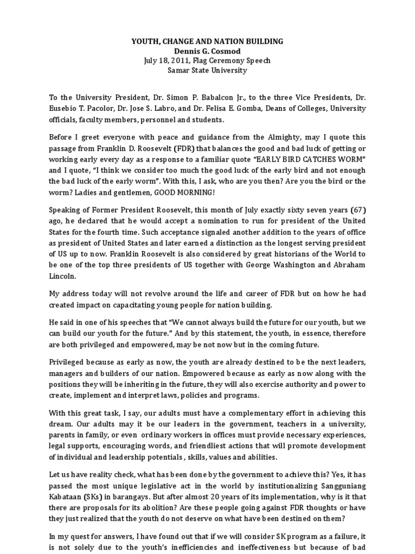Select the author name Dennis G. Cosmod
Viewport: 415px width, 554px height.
(208, 51)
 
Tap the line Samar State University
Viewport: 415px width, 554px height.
(208, 71)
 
